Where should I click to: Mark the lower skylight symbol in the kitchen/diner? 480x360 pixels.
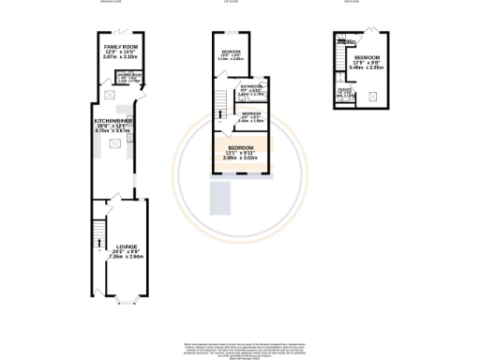115,142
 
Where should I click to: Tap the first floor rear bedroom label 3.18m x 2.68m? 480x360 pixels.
231,57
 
